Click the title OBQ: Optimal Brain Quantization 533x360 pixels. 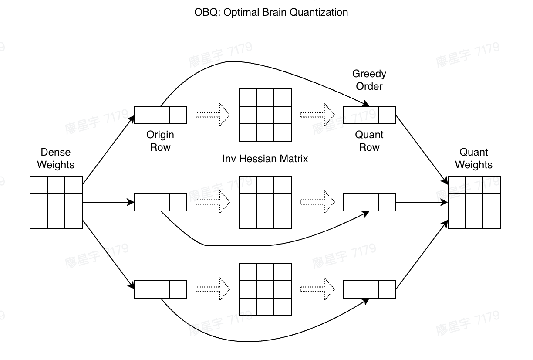(x=271, y=12)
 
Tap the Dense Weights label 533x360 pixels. (x=56, y=159)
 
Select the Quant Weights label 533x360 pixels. (x=474, y=159)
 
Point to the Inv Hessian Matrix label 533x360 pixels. (x=265, y=159)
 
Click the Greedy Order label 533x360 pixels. (x=369, y=80)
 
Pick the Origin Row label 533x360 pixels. (x=160, y=141)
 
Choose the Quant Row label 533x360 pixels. (x=369, y=141)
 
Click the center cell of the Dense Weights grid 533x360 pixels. (x=56, y=202)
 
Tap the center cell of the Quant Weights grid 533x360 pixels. (x=474, y=202)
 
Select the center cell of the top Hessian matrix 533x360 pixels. (x=265, y=115)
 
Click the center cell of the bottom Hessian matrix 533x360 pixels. (x=265, y=289)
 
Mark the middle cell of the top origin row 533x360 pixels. (x=161, y=115)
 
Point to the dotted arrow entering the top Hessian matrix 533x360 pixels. (x=213, y=115)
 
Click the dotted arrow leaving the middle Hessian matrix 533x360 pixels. (x=317, y=202)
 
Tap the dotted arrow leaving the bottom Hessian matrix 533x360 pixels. (x=317, y=289)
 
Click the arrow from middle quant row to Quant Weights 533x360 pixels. (x=422, y=202)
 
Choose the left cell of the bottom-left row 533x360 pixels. (x=143, y=289)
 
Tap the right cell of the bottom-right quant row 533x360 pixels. (x=387, y=289)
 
